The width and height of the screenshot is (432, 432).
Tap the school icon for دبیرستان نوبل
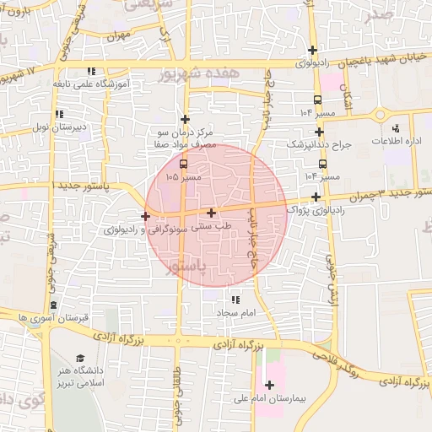tap(58, 114)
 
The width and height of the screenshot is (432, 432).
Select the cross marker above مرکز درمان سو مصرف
tap(185, 119)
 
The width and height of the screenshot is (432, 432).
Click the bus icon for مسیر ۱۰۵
tap(184, 164)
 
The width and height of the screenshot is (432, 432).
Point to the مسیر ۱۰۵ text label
tap(184, 177)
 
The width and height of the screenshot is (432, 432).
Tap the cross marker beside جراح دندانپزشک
tap(319, 132)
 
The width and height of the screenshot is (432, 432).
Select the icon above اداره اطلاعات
tap(397, 128)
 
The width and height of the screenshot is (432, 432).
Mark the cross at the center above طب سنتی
tap(211, 213)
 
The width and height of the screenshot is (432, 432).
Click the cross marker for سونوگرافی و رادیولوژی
tap(145, 217)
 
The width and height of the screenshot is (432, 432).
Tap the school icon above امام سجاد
tap(235, 300)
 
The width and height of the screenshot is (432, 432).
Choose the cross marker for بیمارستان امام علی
tap(268, 385)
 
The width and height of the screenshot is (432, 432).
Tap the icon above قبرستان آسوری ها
tap(54, 305)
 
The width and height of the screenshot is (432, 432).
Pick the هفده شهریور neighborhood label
tap(199, 75)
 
